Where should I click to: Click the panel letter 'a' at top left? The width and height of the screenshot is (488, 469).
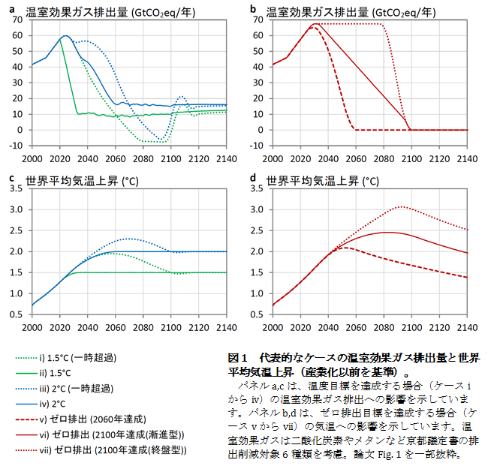pyautogui.click(x=12, y=9)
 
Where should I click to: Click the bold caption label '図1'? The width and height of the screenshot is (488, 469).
pyautogui.click(x=239, y=357)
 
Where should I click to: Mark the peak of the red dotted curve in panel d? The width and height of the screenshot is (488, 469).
pyautogui.click(x=402, y=206)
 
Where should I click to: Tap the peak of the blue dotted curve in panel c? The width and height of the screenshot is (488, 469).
pyautogui.click(x=129, y=239)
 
